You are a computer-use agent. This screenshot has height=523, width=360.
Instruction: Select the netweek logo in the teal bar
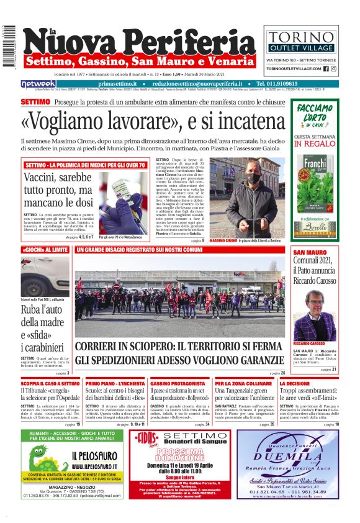click(38, 84)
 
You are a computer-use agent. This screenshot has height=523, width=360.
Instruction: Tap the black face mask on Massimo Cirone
click(253, 178)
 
